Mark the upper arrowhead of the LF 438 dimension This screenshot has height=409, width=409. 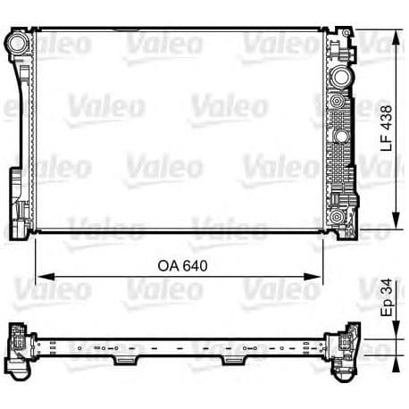395,37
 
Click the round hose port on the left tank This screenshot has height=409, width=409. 17,43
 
